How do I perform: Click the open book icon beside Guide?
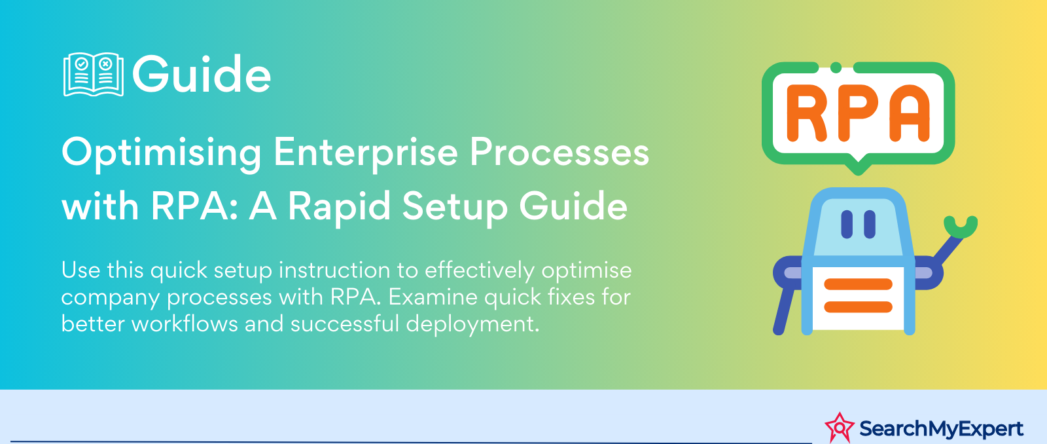pos(94,75)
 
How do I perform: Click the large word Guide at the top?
pos(202,74)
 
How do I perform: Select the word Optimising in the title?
pos(161,153)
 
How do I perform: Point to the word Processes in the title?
pos(559,153)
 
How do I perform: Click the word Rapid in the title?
pos(339,206)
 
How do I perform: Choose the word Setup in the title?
pos(455,207)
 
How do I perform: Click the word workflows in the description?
pos(185,324)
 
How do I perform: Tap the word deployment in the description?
pos(472,324)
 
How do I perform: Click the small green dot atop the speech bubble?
pos(836,67)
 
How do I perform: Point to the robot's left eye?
pos(847,225)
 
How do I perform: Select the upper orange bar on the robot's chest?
pos(858,284)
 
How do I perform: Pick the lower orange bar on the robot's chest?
pos(858,307)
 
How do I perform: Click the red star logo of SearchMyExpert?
pos(840,428)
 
